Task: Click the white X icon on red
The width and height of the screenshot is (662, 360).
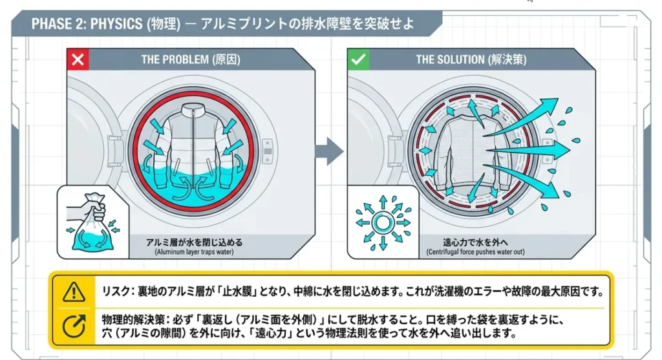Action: click(x=78, y=59)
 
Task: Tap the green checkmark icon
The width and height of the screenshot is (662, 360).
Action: click(x=358, y=59)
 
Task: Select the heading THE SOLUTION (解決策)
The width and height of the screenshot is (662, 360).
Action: click(x=471, y=59)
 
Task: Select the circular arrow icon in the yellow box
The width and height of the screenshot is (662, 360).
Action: click(x=73, y=326)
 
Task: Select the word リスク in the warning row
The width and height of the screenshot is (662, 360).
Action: click(x=115, y=291)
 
